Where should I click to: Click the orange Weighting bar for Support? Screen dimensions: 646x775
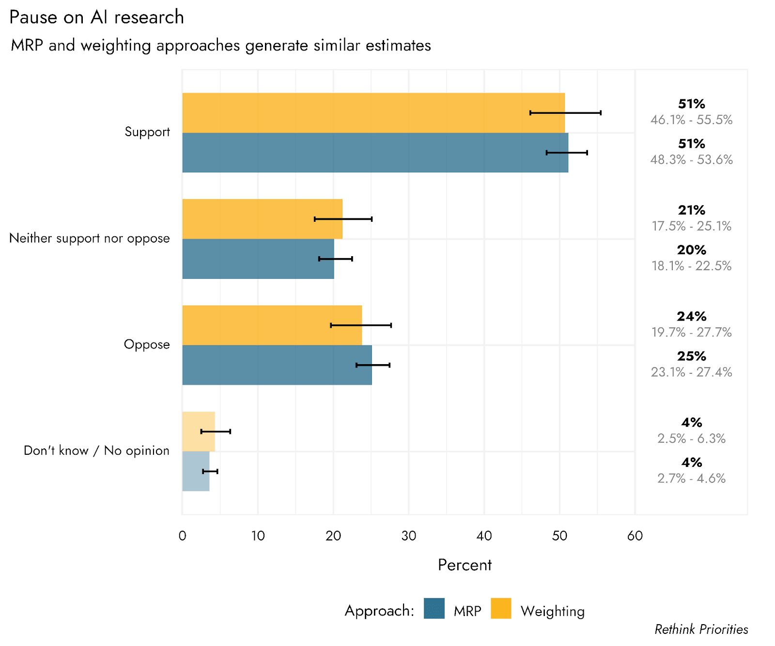point(373,113)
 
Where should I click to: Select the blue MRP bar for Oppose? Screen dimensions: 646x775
point(277,365)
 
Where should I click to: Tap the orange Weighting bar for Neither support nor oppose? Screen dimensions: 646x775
point(262,219)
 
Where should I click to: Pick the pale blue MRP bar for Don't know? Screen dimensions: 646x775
point(196,471)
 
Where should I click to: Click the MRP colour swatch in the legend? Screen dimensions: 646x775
point(434,609)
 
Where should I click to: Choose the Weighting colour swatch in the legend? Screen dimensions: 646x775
point(501,609)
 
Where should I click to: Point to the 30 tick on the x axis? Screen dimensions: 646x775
point(409,536)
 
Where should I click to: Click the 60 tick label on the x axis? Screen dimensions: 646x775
point(635,536)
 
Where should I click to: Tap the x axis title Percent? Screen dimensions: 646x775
point(465,565)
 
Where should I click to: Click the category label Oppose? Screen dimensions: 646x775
point(147,344)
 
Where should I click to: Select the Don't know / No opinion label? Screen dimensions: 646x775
point(96,450)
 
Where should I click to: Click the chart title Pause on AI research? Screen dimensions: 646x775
point(96,17)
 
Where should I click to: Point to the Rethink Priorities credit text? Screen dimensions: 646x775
point(701,629)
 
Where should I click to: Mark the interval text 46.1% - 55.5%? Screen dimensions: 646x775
point(691,120)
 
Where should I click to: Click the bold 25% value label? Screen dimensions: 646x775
point(691,356)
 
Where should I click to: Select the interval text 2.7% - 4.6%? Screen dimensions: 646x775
point(691,478)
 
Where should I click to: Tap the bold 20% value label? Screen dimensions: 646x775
point(691,250)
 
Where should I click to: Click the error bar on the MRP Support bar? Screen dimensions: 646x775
point(567,153)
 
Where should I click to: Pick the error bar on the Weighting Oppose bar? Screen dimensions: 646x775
point(361,325)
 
